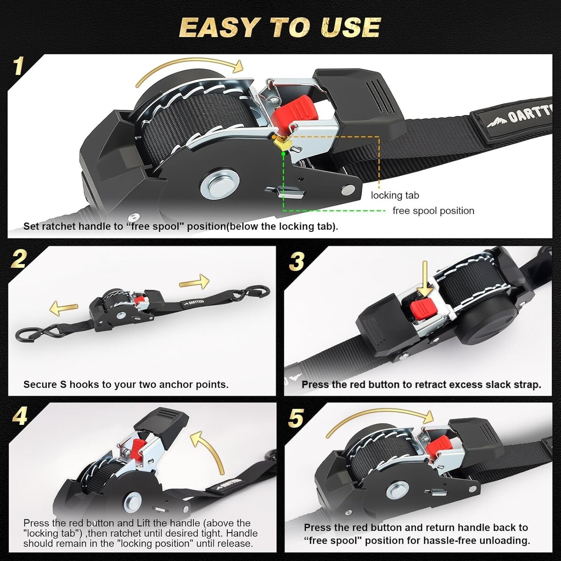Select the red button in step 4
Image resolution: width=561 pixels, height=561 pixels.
(x=139, y=450)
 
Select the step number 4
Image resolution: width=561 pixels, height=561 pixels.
(x=20, y=416)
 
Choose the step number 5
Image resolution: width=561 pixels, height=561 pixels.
(x=296, y=417)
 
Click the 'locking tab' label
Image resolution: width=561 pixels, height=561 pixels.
(x=395, y=195)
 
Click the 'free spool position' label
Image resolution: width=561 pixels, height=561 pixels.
(x=433, y=210)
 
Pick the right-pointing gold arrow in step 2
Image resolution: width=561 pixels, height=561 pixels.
(x=194, y=282)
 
